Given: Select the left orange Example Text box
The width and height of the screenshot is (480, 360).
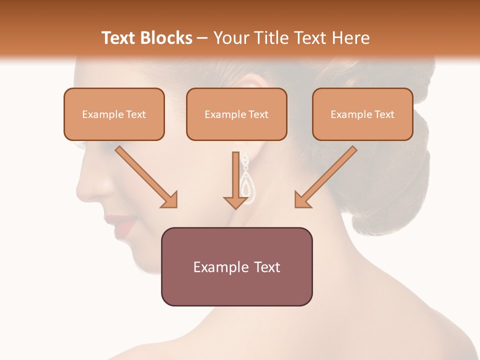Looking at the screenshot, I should click(114, 114).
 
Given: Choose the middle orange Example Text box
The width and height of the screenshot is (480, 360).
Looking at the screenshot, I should click(236, 114).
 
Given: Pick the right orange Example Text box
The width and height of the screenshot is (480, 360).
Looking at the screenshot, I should click(362, 114).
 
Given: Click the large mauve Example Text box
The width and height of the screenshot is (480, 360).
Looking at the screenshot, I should click(236, 266).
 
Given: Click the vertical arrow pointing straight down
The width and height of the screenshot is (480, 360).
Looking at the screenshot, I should click(236, 180).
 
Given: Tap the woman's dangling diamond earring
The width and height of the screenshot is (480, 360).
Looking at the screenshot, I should click(247, 177).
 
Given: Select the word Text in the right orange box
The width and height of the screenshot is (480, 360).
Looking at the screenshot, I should click(384, 114).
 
